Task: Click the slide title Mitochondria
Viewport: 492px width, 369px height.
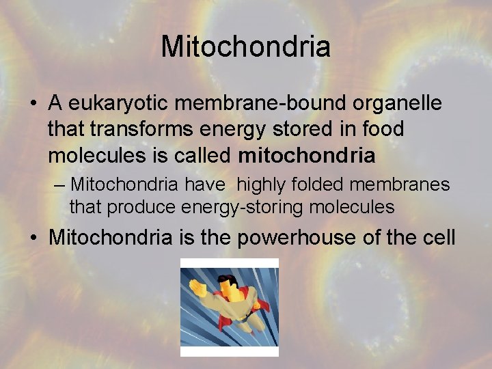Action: [x=246, y=47]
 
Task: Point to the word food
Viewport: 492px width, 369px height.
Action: [x=380, y=129]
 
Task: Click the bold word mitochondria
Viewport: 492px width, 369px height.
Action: [x=307, y=155]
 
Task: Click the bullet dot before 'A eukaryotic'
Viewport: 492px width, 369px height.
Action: [x=33, y=105]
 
